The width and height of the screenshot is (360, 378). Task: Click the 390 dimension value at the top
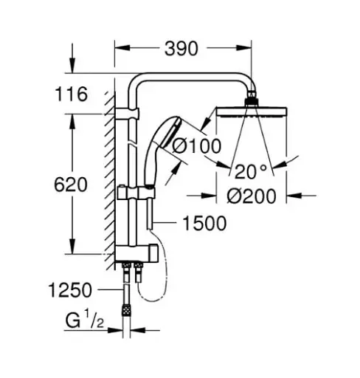[x=181, y=49]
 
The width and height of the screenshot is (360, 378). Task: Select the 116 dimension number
[x=72, y=94]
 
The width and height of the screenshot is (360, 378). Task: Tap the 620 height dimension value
[x=71, y=185]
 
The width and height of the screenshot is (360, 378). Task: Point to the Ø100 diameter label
[x=196, y=146]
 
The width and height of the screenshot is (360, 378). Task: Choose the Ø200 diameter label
[x=252, y=196]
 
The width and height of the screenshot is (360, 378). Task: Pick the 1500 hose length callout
[x=204, y=223]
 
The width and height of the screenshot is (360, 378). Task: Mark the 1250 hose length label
[x=70, y=290]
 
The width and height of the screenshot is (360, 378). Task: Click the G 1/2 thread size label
[x=85, y=320]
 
